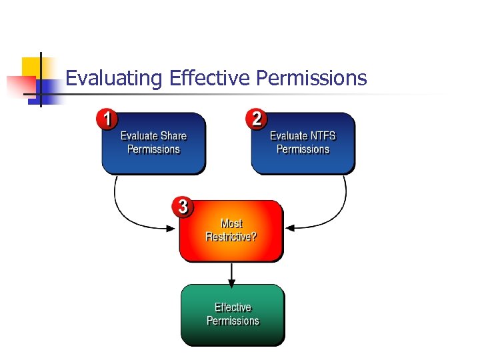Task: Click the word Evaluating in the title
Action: click(114, 79)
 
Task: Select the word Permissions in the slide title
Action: click(311, 79)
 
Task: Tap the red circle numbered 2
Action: click(256, 120)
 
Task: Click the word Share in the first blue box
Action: click(173, 136)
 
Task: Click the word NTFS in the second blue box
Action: click(323, 136)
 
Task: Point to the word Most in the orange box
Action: click(231, 223)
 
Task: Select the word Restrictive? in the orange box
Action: click(231, 237)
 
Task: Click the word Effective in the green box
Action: click(233, 307)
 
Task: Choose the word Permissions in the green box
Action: click(233, 321)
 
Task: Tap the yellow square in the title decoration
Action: click(32, 67)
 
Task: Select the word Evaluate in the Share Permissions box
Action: click(139, 136)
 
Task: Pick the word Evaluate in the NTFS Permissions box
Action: click(289, 136)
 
